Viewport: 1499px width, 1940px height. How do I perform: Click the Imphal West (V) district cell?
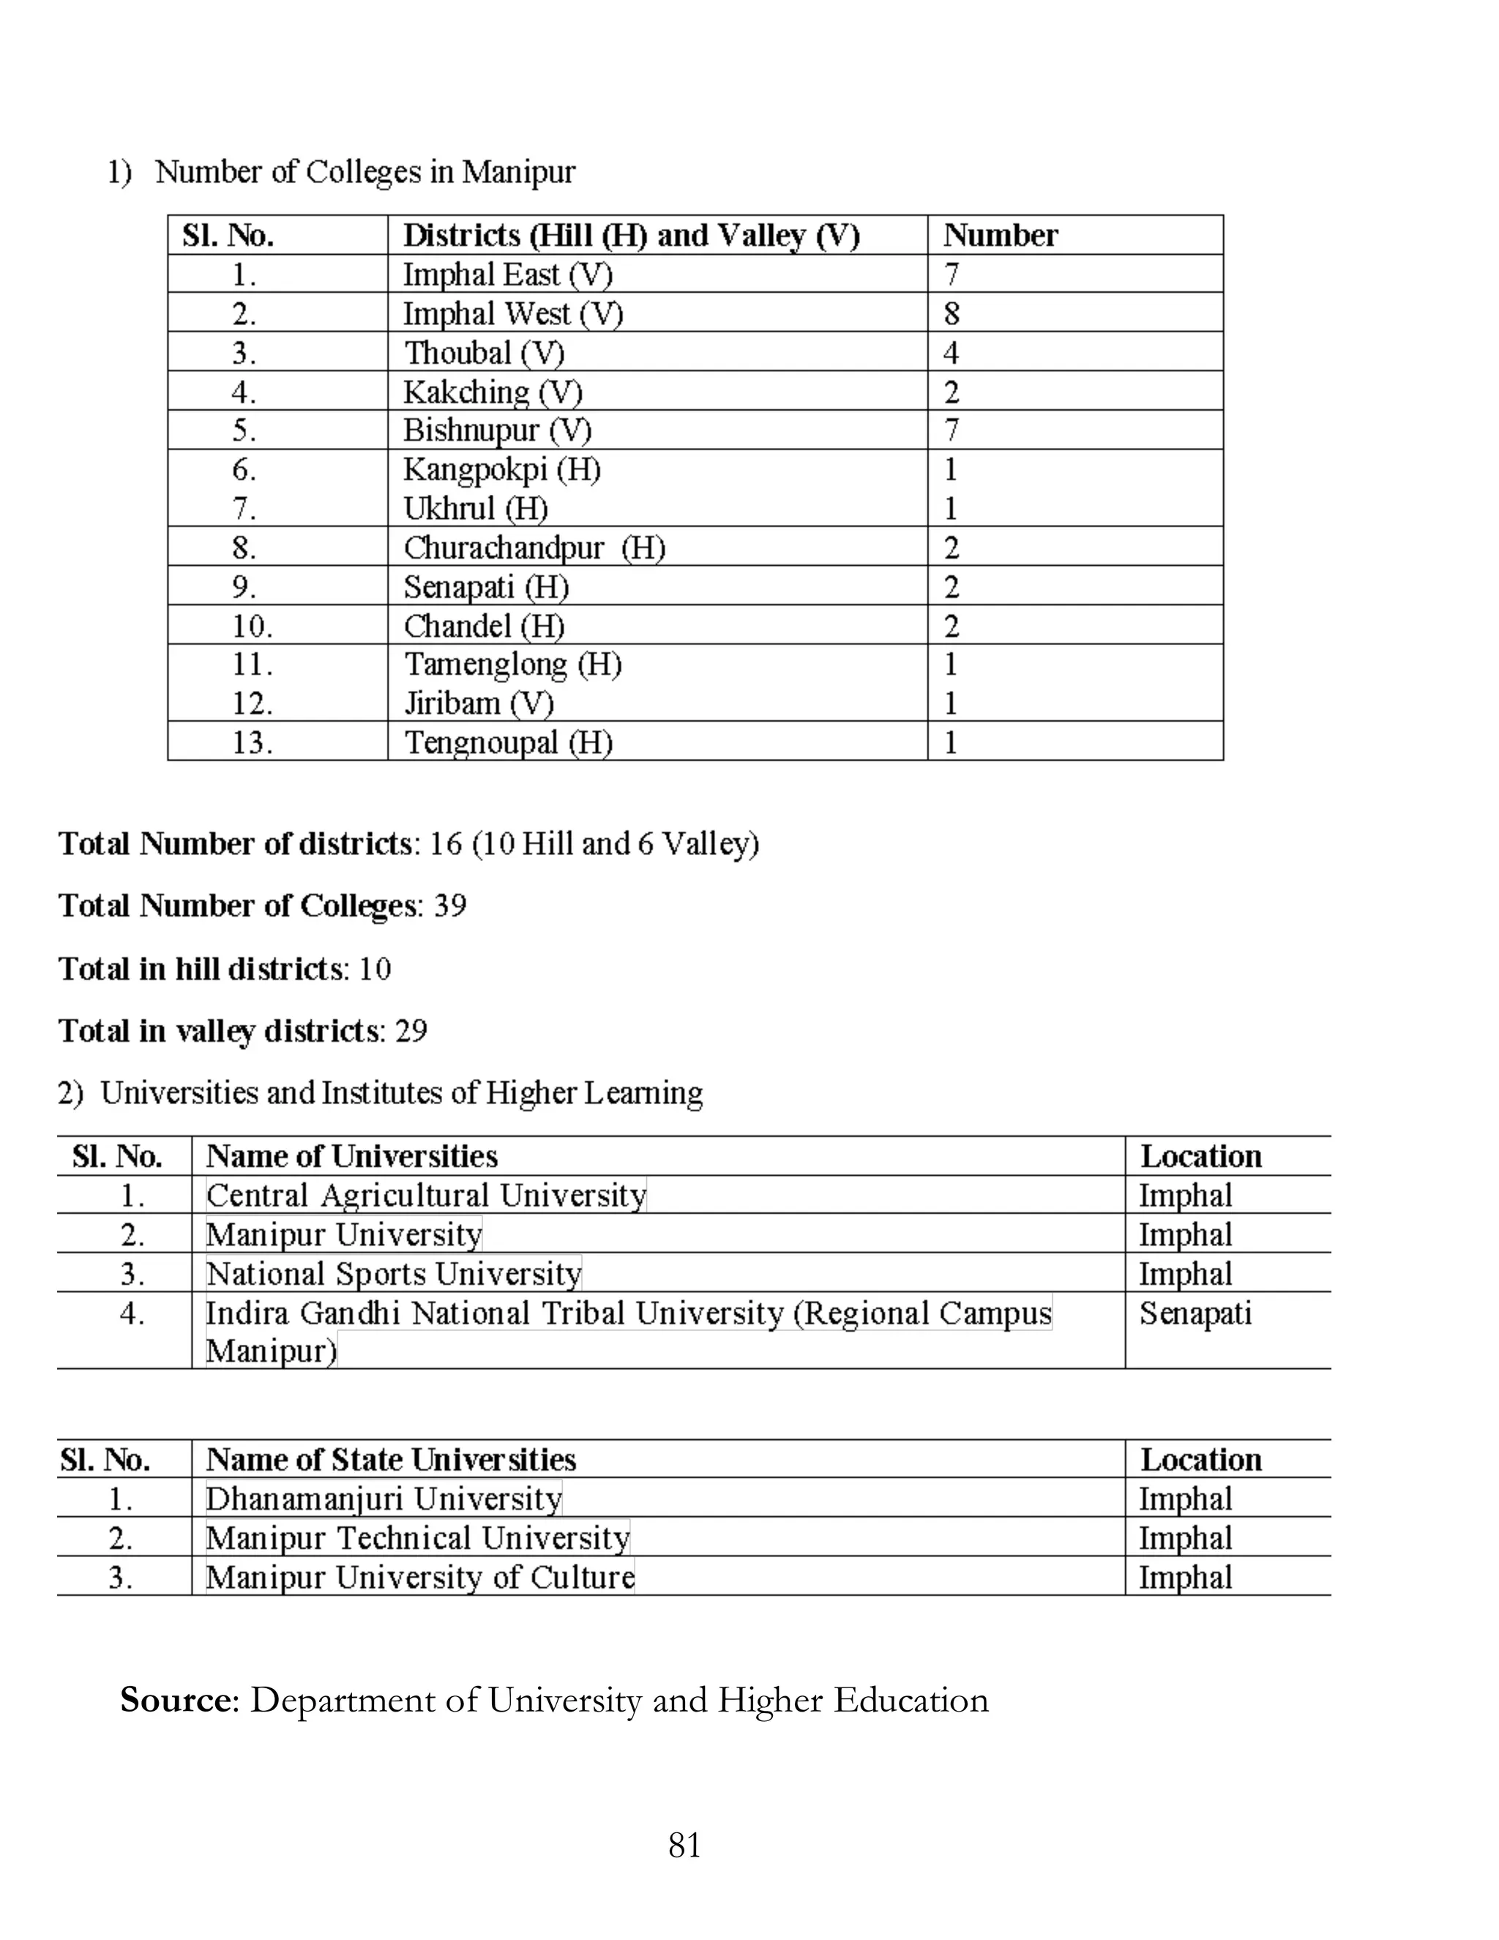512,313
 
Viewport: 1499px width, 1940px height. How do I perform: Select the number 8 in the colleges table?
951,313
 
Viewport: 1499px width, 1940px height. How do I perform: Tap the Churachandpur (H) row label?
534,548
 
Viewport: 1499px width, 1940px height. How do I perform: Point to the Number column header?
1000,236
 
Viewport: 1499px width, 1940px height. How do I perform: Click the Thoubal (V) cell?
484,353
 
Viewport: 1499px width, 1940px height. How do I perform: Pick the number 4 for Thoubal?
951,353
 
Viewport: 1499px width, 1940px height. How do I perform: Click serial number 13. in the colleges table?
253,742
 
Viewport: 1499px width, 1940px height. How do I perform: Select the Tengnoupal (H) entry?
508,742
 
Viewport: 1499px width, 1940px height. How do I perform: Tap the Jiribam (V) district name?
479,704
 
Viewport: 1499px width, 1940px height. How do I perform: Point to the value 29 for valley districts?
411,1031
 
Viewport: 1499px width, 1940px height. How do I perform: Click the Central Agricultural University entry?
426,1195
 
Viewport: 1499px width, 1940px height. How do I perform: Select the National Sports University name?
393,1274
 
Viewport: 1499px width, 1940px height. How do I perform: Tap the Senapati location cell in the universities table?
1195,1313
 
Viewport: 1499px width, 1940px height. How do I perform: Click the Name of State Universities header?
391,1460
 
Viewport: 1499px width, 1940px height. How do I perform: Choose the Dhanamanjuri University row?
384,1499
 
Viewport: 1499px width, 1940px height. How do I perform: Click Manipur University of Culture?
420,1578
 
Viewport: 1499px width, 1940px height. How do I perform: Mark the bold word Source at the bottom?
175,1700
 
